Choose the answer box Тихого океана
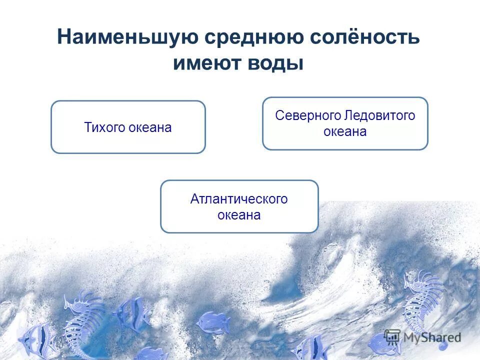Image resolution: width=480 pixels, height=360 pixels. pyautogui.click(x=128, y=127)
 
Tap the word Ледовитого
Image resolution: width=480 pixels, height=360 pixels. pyautogui.click(x=380, y=115)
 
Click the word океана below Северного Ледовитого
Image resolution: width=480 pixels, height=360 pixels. pyautogui.click(x=345, y=132)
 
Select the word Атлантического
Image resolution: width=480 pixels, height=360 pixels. pyautogui.click(x=239, y=199)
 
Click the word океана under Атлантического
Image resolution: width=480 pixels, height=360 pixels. pyautogui.click(x=239, y=215)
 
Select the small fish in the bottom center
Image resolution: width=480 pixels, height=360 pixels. pyautogui.click(x=213, y=322)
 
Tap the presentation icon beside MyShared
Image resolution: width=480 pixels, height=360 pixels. pyautogui.click(x=392, y=336)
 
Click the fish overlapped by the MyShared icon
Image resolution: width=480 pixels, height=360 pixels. pyautogui.click(x=382, y=345)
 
